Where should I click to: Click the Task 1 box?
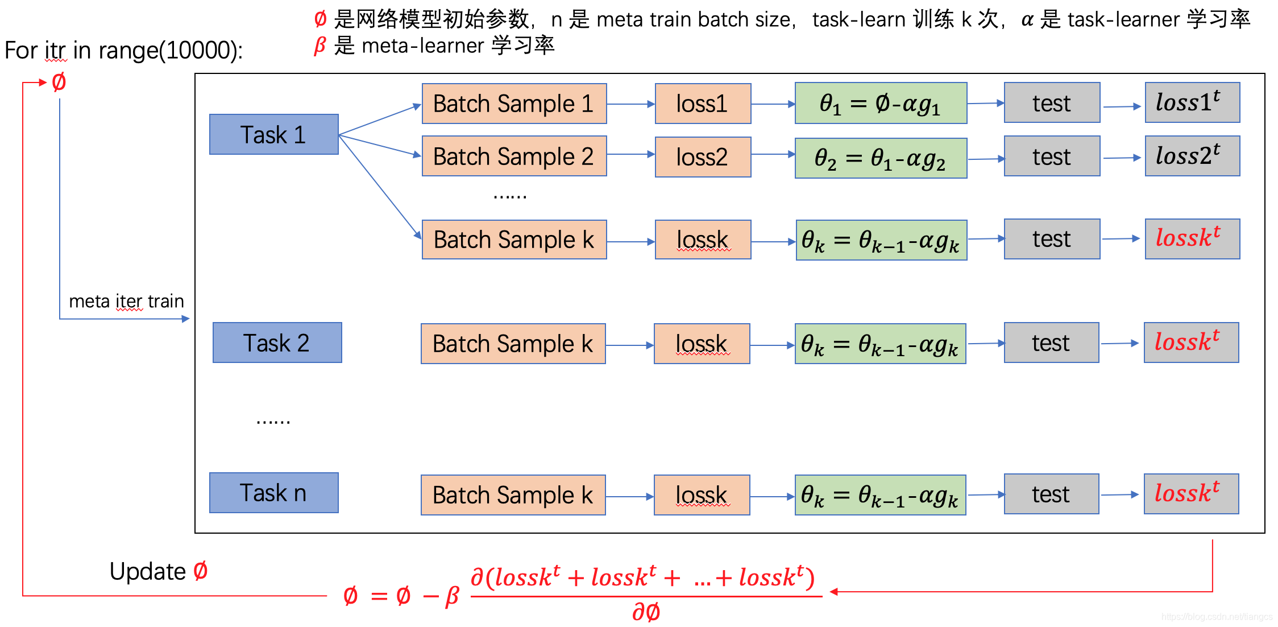pyautogui.click(x=273, y=134)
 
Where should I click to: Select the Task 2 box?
pyautogui.click(x=277, y=343)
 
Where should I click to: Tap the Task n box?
pyautogui.click(x=273, y=493)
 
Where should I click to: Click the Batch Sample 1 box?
pyautogui.click(x=514, y=104)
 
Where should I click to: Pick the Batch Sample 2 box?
pyautogui.click(x=514, y=156)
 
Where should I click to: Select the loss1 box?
pyautogui.click(x=703, y=104)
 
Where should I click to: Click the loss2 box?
pyautogui.click(x=703, y=157)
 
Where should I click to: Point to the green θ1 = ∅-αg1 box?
pyautogui.click(x=881, y=104)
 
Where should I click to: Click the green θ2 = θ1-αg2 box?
pyautogui.click(x=881, y=158)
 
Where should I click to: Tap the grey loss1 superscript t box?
pyautogui.click(x=1192, y=102)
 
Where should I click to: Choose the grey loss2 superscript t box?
pyautogui.click(x=1192, y=156)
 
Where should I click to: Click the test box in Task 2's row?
pyautogui.click(x=1051, y=343)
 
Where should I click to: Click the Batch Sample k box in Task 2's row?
pyautogui.click(x=513, y=344)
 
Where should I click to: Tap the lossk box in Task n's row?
pyautogui.click(x=702, y=495)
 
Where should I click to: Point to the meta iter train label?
pyautogui.click(x=126, y=301)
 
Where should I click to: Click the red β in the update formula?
pyautogui.click(x=452, y=596)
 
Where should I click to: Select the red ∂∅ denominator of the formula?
pyautogui.click(x=646, y=612)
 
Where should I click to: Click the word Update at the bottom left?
pyautogui.click(x=147, y=571)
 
